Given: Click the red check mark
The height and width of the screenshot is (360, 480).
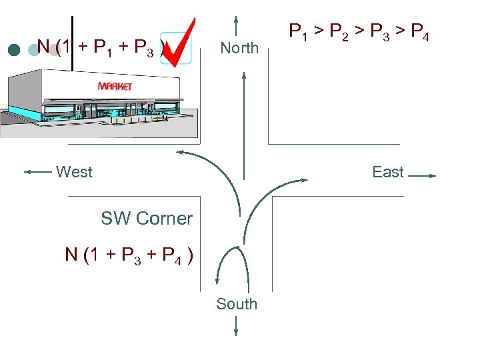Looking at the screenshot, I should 179,42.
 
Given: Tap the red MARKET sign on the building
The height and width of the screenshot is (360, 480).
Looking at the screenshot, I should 115,86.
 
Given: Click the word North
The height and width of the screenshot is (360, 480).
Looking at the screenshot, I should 239,48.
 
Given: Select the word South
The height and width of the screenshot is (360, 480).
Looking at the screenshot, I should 236,304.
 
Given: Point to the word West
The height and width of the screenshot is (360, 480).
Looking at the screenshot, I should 74,172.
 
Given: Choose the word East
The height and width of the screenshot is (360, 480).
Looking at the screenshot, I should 387,172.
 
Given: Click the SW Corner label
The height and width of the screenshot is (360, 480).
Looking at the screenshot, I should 147,218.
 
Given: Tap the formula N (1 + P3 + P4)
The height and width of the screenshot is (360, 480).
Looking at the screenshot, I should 129,255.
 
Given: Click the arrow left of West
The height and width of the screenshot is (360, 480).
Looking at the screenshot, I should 38,172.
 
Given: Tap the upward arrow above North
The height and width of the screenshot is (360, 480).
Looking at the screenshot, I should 237,25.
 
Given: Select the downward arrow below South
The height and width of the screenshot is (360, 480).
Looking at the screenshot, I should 237,326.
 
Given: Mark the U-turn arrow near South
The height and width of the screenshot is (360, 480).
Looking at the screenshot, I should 231,263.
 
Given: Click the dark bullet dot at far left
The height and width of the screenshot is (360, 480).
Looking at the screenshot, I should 13,49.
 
